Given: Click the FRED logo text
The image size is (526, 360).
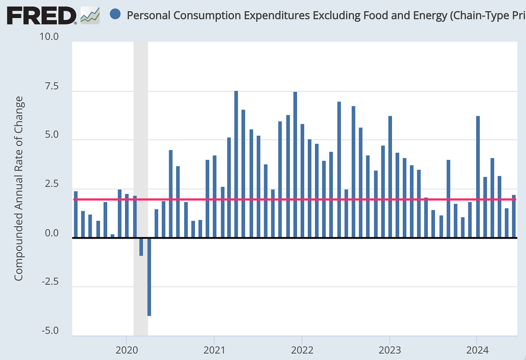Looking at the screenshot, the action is click(x=42, y=16).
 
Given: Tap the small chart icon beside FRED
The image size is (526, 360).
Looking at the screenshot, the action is click(x=90, y=16).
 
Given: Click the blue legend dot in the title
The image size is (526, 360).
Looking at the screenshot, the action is click(x=115, y=14).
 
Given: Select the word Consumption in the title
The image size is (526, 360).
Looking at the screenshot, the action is click(x=207, y=16).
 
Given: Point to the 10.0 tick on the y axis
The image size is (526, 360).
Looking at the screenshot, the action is click(x=49, y=37).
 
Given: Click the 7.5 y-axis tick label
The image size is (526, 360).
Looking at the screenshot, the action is click(x=52, y=86).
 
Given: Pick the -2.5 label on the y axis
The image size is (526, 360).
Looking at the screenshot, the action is click(x=50, y=282).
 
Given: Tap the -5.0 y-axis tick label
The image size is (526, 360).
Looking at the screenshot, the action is click(x=50, y=331).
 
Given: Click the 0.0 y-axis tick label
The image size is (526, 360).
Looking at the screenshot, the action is click(x=52, y=233).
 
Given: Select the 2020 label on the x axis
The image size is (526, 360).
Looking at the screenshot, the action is click(x=127, y=350).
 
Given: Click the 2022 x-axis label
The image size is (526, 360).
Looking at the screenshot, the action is click(x=302, y=350).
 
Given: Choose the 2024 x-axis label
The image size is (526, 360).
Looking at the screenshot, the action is click(x=477, y=350).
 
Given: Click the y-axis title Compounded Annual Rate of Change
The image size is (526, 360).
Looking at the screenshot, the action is click(x=19, y=188).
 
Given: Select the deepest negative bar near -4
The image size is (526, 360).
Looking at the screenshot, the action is click(x=149, y=277).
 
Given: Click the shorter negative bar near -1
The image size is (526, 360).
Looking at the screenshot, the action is click(x=141, y=247).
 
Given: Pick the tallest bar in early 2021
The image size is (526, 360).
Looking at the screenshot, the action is click(x=236, y=164).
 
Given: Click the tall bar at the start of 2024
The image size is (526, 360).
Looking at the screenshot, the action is click(x=478, y=177).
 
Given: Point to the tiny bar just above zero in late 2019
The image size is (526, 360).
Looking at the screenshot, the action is click(x=112, y=236).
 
